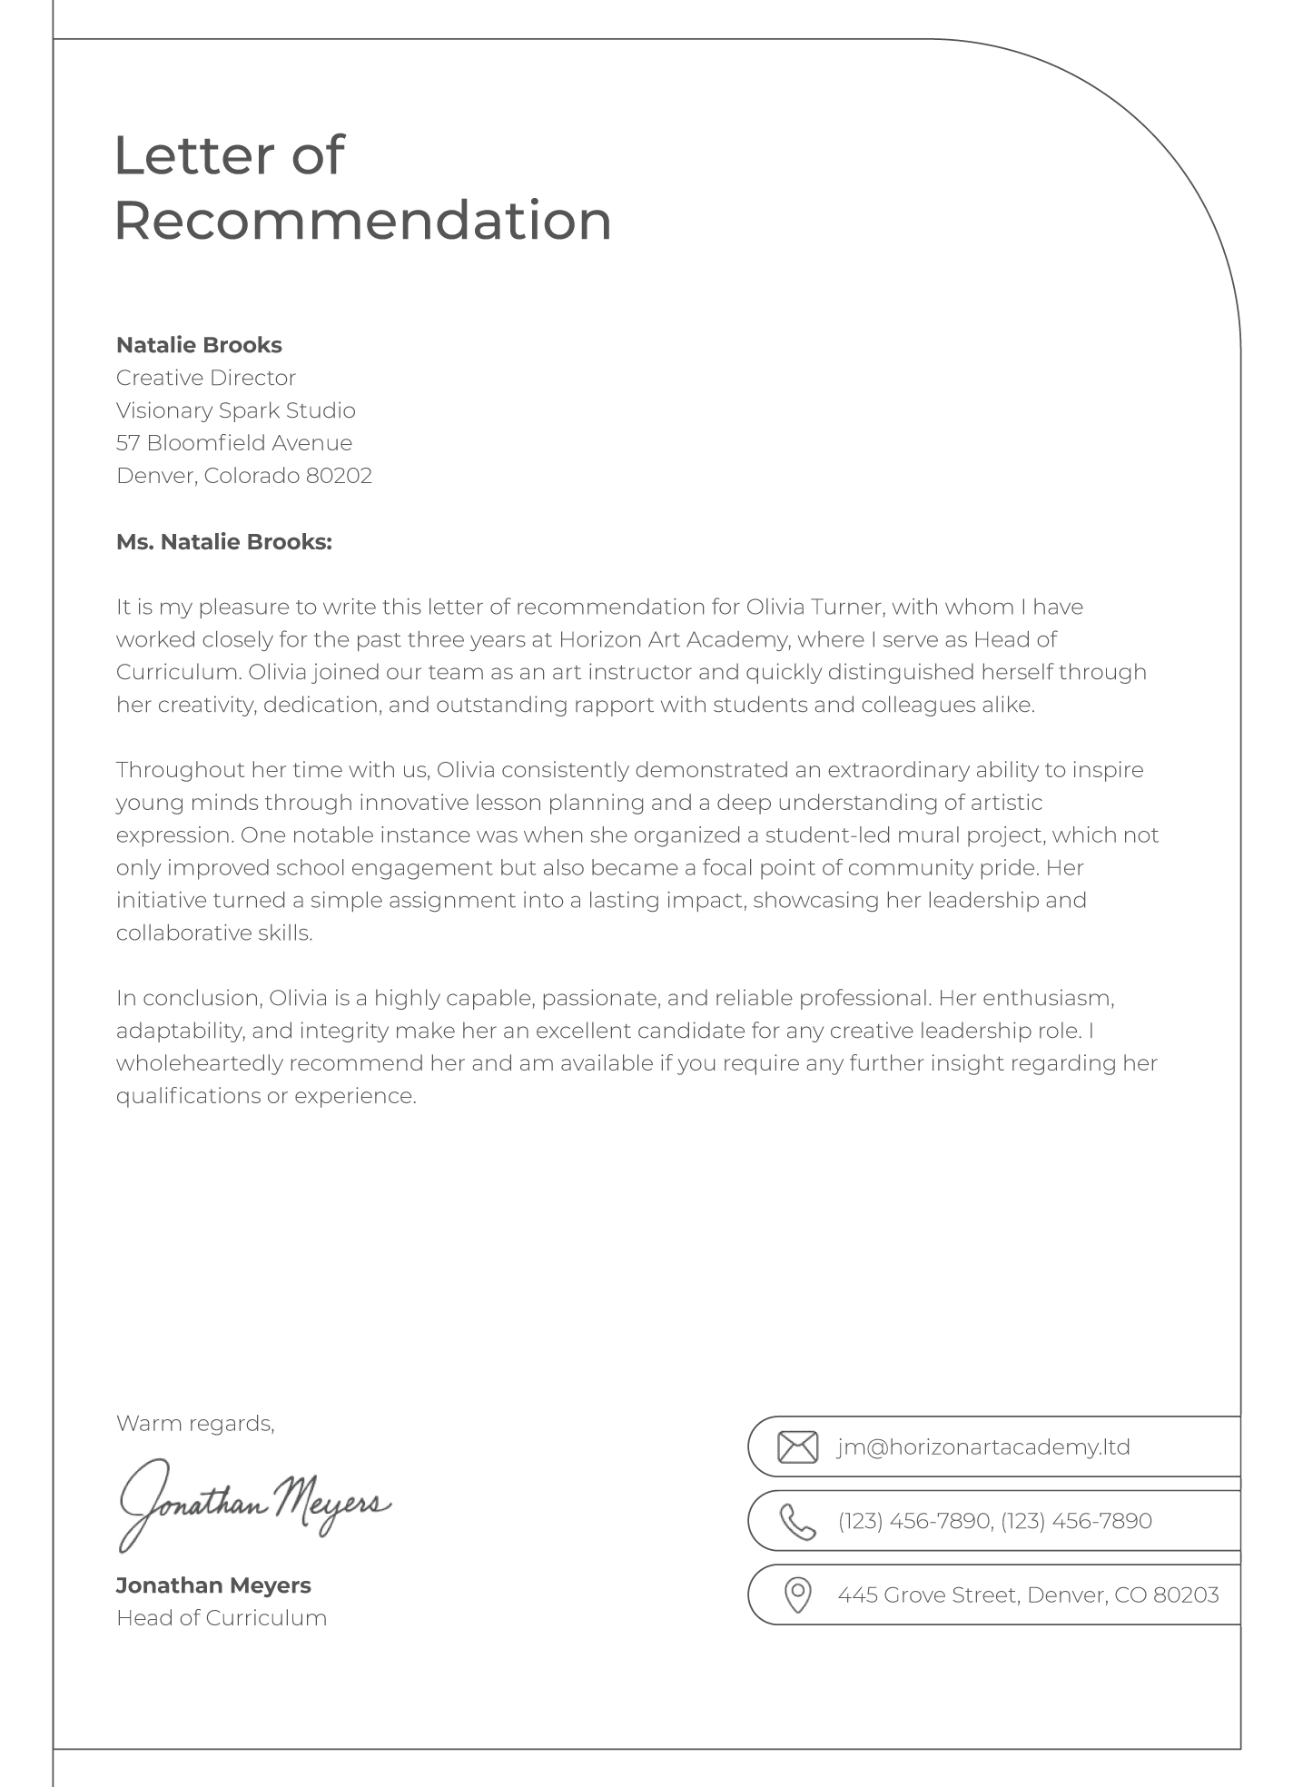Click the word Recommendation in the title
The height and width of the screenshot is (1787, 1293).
363,221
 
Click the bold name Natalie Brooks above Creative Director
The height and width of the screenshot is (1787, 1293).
199,345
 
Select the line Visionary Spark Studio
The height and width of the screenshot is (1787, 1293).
235,410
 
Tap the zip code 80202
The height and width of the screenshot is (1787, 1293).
339,476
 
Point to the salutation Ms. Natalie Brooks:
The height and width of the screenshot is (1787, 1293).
224,542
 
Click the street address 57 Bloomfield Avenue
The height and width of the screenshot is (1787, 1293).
234,443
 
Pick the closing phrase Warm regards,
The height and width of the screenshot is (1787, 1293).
195,1423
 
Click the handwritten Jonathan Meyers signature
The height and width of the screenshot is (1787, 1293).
254,1503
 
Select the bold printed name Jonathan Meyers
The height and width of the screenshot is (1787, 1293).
213,1585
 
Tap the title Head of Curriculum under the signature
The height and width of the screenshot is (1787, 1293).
222,1618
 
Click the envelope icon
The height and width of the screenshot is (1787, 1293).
797,1446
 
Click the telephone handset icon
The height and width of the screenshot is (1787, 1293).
797,1521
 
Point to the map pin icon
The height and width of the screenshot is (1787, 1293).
797,1595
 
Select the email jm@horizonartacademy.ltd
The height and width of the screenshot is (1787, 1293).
983,1446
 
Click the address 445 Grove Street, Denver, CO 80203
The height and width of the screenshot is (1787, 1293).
1028,1595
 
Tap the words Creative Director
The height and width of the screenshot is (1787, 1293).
206,378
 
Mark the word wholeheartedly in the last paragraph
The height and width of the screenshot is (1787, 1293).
200,1063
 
